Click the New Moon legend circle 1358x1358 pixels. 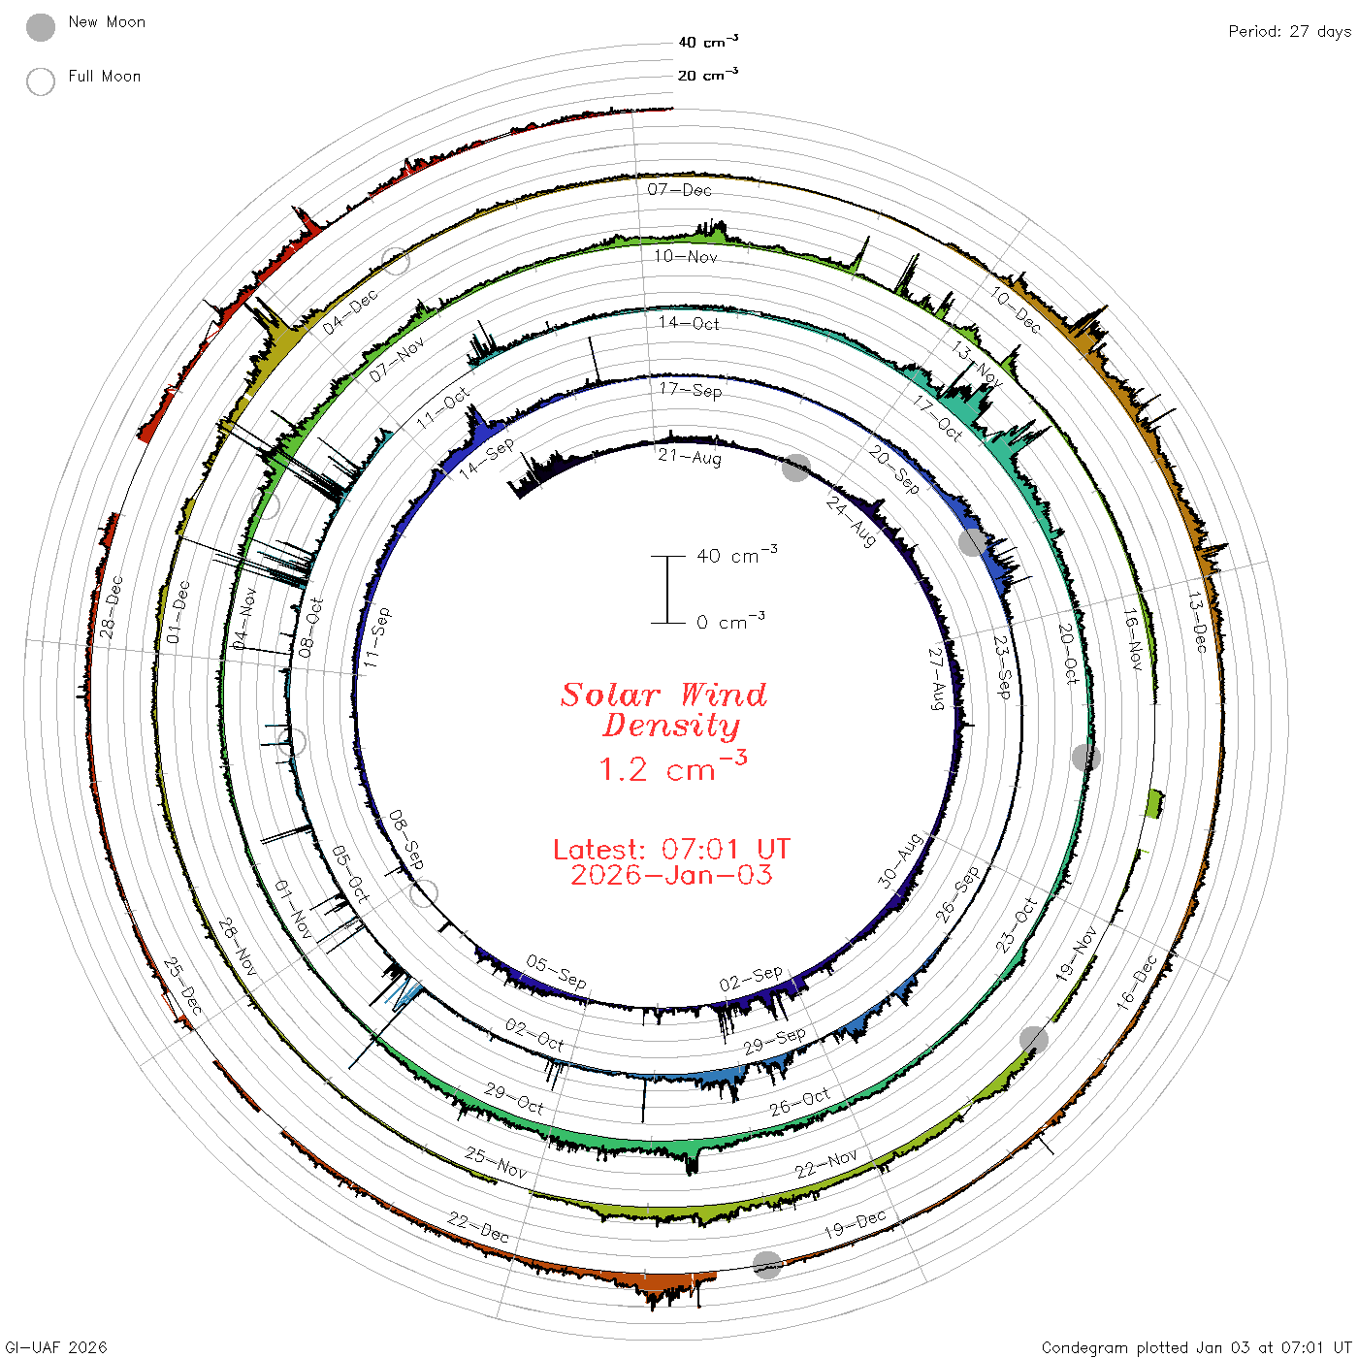click(x=40, y=27)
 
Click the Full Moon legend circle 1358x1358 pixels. click(x=40, y=81)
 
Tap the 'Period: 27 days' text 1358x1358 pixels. click(x=1290, y=32)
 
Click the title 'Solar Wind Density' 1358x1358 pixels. click(x=663, y=710)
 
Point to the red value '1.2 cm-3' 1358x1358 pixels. click(x=672, y=767)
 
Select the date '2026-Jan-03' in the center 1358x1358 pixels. click(x=671, y=875)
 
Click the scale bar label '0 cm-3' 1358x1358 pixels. click(x=730, y=621)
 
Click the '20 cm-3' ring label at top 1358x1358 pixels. click(x=707, y=74)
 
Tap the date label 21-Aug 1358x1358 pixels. click(x=690, y=457)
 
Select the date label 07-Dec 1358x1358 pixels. click(x=679, y=189)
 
